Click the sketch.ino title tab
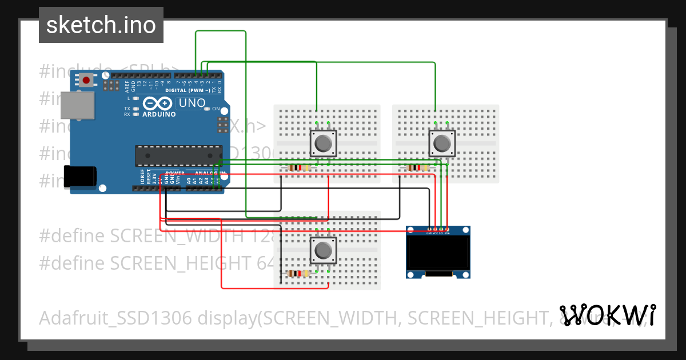pos(101,25)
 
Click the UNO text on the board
pos(192,103)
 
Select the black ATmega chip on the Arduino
pos(178,156)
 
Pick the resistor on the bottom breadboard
pos(298,274)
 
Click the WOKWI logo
pos(607,315)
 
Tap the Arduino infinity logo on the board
pos(157,103)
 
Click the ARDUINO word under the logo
pos(158,114)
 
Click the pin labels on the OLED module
pos(438,233)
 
